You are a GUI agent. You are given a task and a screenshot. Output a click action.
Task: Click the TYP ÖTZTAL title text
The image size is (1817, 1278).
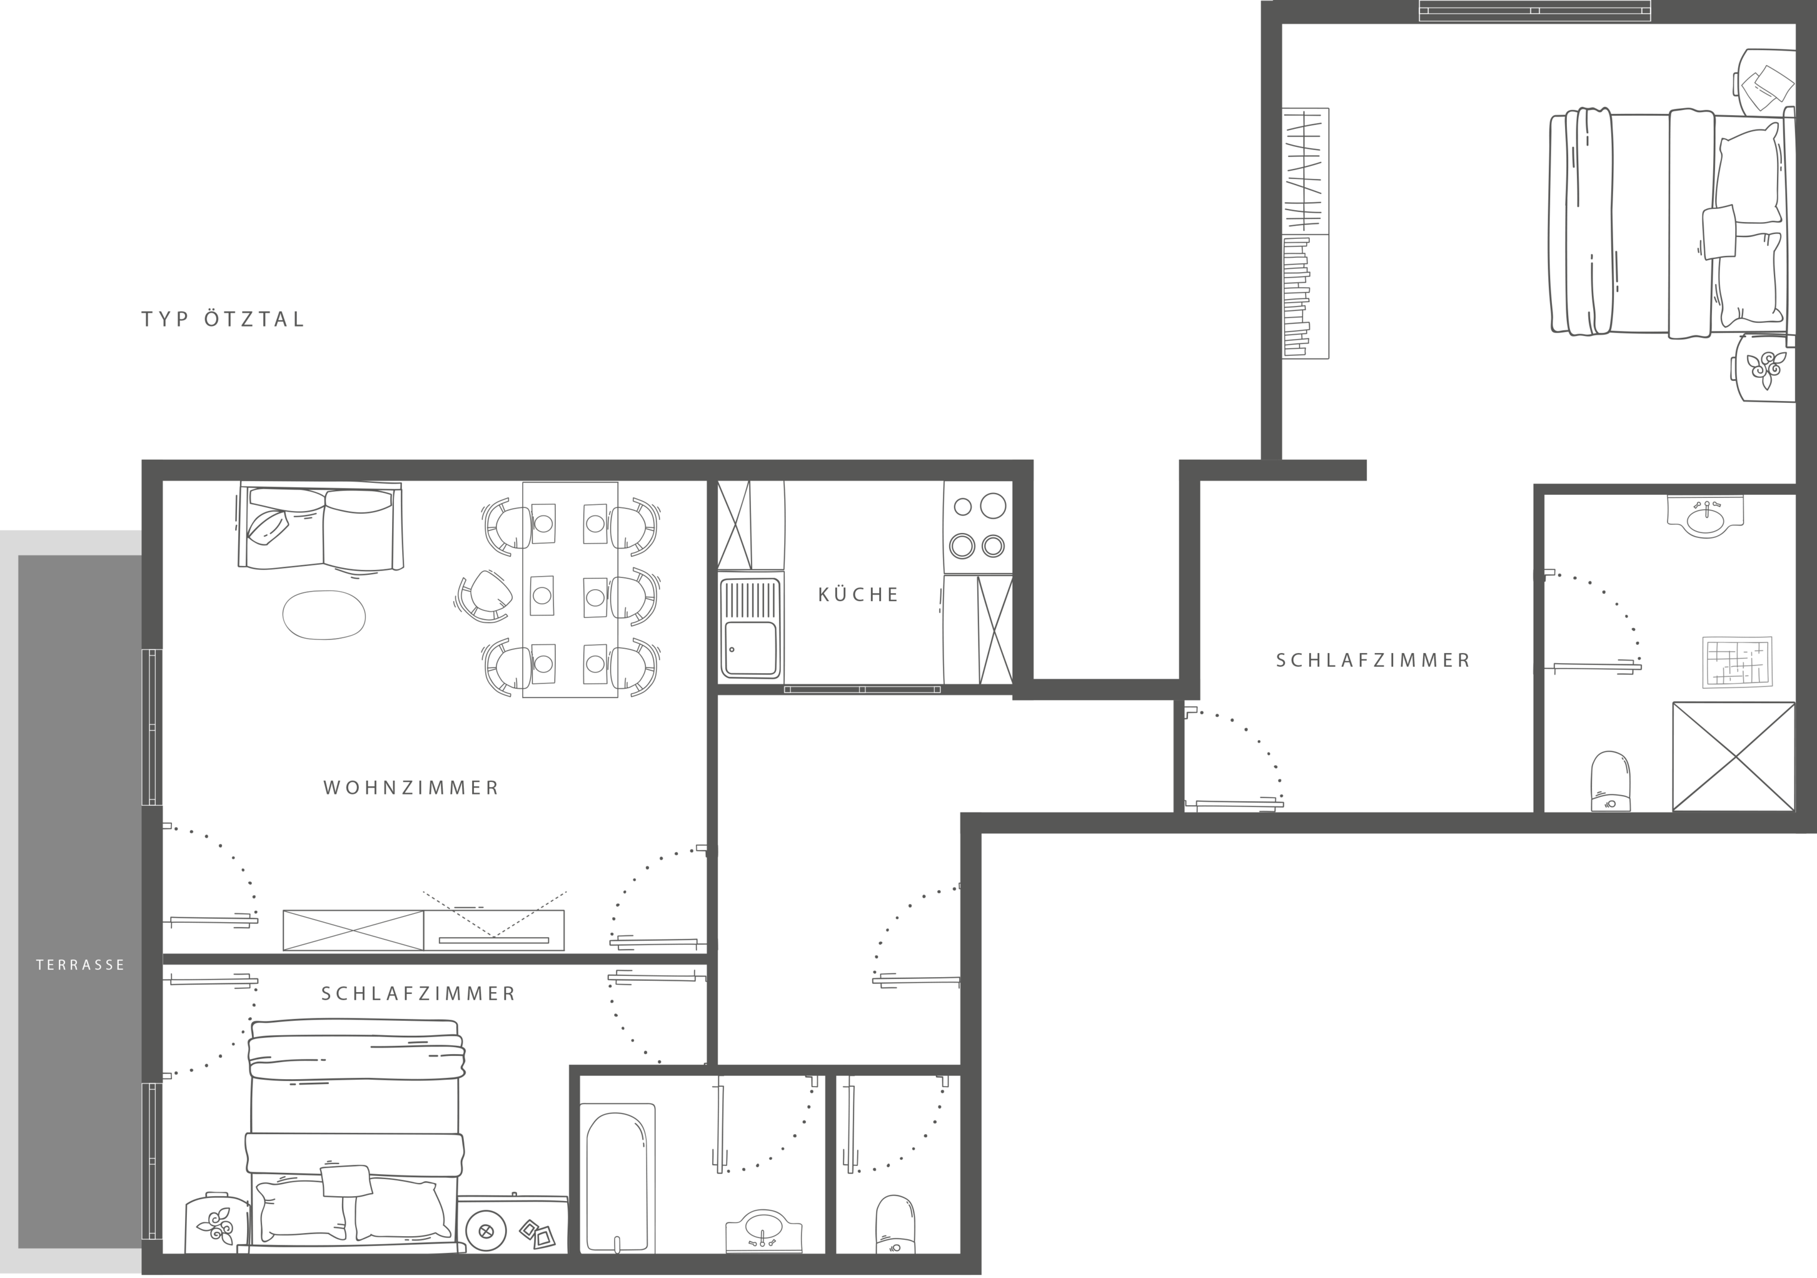coord(223,319)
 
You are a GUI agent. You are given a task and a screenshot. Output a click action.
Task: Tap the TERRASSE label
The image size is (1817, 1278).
coord(81,965)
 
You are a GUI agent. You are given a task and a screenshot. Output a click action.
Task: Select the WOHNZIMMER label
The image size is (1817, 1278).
coord(411,788)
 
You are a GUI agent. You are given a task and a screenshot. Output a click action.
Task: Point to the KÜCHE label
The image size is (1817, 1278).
coord(858,595)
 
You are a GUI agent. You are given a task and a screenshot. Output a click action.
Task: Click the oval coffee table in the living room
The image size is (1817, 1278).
coord(325,614)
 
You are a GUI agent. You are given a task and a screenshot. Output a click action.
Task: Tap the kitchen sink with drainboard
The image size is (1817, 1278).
coord(750,629)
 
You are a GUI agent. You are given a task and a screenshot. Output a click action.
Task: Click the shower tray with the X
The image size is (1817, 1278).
coord(1734,756)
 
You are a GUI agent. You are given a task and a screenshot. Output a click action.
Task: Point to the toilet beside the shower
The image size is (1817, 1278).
coord(1611,781)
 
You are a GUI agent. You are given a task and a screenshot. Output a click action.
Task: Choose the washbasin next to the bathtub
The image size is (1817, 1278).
coord(763,1231)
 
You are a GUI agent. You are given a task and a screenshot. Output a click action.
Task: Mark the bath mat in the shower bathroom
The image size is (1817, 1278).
coord(1738,661)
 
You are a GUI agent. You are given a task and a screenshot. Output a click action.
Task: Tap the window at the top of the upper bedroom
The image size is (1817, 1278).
coord(1534,10)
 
